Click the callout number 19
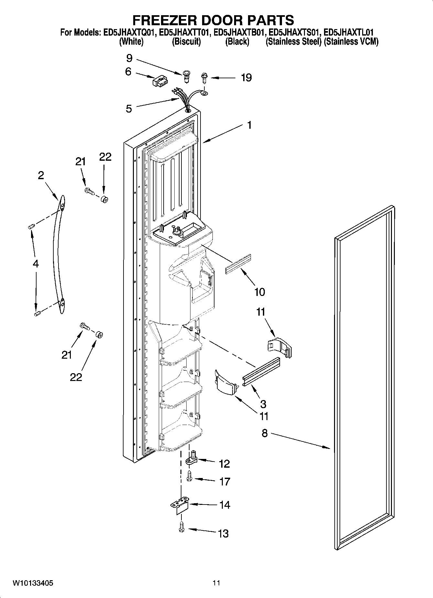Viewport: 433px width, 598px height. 246,78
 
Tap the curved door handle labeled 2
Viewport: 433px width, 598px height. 58,256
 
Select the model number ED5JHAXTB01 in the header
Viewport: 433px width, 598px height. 240,32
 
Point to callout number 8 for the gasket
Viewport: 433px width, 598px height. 264,433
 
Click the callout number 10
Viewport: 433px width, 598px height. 260,292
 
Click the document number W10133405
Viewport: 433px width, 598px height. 33,583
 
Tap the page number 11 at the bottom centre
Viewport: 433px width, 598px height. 216,583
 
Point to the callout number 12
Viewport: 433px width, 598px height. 224,464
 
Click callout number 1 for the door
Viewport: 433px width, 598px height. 249,125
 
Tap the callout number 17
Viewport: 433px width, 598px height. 224,482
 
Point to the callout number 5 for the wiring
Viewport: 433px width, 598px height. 129,109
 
